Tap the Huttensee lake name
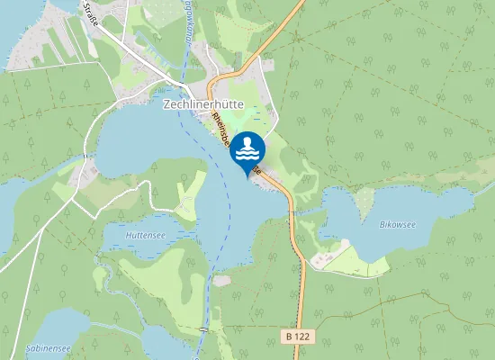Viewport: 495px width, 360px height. [x=146, y=235]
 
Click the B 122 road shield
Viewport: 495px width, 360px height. [x=298, y=336]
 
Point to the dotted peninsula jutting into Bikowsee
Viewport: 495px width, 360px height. [x=364, y=203]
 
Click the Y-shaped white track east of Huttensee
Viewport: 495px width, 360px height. [x=187, y=193]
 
